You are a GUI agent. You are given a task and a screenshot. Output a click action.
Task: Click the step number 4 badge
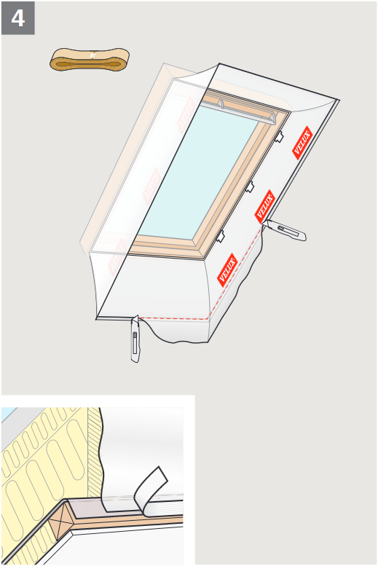click(18, 18)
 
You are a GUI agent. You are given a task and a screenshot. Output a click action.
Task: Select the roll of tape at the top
click(90, 60)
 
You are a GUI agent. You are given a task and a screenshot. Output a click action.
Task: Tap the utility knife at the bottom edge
click(135, 339)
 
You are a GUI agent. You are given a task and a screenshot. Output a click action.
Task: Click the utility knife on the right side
click(285, 230)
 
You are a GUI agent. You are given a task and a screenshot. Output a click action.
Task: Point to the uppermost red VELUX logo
click(302, 143)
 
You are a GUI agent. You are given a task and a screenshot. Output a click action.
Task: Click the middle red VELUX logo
click(264, 206)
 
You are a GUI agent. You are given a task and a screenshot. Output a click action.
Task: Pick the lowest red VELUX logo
click(227, 270)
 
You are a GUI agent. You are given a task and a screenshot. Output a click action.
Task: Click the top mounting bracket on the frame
click(279, 136)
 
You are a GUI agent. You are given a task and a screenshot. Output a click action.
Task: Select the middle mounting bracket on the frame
click(250, 186)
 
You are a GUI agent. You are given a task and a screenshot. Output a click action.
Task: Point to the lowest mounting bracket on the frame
click(220, 236)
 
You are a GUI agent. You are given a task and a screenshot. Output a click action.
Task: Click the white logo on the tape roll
click(93, 55)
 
